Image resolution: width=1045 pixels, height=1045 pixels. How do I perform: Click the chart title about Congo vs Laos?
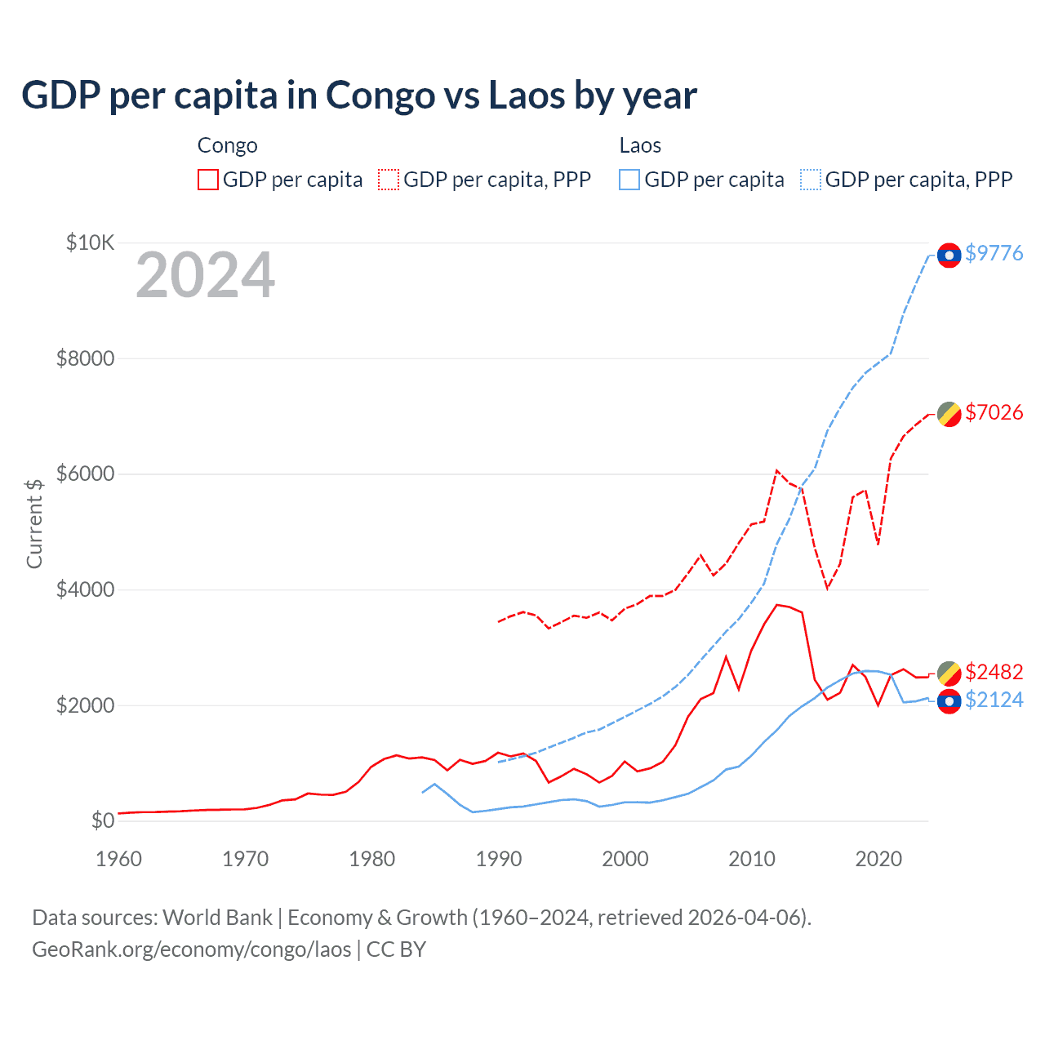[359, 96]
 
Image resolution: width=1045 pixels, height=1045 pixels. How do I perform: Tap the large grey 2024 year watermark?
[205, 276]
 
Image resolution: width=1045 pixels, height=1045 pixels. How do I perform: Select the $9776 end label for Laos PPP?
[994, 253]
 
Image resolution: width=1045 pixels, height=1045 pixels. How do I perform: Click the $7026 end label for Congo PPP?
[994, 412]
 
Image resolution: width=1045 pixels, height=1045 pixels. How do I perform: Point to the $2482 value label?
[994, 672]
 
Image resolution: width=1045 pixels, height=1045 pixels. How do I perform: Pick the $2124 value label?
[994, 700]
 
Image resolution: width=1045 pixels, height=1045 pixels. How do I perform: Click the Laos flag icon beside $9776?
[949, 256]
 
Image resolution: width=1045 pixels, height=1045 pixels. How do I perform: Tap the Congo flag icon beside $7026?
[949, 414]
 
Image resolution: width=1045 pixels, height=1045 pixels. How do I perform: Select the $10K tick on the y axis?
[91, 242]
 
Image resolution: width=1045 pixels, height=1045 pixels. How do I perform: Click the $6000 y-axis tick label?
[85, 474]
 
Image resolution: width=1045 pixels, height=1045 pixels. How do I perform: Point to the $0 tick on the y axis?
[102, 820]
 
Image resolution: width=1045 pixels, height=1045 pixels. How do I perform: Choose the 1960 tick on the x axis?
[118, 859]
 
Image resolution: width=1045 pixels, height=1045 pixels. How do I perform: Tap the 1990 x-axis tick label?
[498, 859]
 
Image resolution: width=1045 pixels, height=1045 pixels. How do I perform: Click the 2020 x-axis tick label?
[878, 859]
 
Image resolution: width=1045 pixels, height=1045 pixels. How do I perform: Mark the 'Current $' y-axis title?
[34, 523]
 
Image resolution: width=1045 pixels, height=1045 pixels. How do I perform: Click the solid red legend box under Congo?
[208, 180]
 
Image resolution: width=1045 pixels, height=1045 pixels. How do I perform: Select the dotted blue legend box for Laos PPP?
[811, 180]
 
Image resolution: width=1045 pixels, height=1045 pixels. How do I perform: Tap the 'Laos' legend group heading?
[640, 145]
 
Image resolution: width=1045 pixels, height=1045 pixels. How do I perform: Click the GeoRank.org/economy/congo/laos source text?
[192, 949]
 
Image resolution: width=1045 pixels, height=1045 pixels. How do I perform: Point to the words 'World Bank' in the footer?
[217, 918]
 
